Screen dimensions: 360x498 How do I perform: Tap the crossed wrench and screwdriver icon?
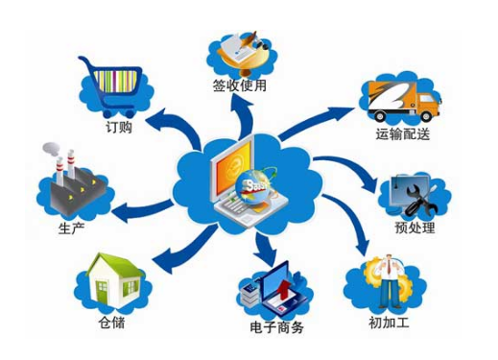click(x=415, y=195)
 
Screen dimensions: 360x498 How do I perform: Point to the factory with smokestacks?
click(x=65, y=181)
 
